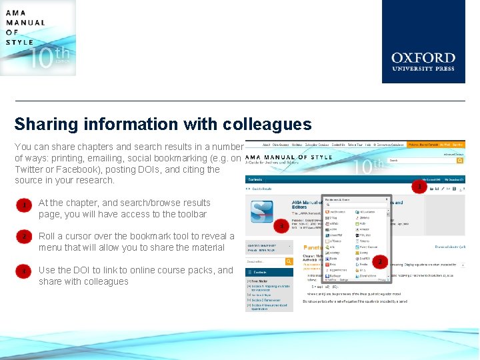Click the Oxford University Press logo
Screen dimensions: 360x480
(423, 41)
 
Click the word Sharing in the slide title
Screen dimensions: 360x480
(47, 125)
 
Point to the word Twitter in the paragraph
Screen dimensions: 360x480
(29, 169)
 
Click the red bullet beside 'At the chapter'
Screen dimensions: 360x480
(24, 206)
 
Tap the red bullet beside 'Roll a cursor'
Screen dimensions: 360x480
(24, 237)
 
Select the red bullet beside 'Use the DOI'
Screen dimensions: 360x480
(24, 272)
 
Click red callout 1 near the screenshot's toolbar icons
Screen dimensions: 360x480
(419, 187)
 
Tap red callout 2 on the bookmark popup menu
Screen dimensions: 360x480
(380, 262)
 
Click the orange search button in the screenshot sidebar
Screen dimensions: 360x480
(289, 261)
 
